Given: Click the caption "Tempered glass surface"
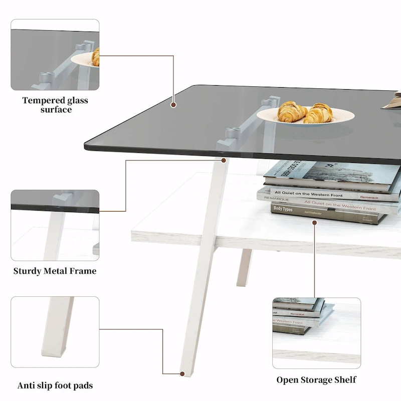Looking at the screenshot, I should tap(55, 105).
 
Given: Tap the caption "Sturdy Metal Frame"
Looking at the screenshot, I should tap(55, 271).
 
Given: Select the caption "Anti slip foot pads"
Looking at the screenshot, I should tap(55, 385).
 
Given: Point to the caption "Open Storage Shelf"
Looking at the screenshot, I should tap(316, 379).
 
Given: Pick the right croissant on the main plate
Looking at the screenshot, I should tap(319, 113).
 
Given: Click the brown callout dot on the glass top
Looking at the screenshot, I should tap(173, 105).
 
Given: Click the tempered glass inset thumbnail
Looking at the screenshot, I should tap(55, 55).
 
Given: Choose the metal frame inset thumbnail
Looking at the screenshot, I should tap(55, 225).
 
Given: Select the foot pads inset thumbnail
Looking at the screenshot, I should tap(55, 331).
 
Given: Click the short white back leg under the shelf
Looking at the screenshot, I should tap(245, 267).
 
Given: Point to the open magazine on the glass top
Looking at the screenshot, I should tap(391, 100).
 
